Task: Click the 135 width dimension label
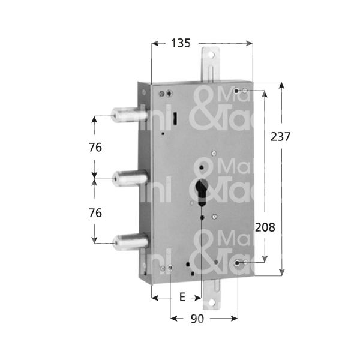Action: [181, 43]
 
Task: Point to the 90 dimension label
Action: [197, 319]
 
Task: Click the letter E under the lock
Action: [182, 297]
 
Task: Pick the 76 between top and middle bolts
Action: [95, 148]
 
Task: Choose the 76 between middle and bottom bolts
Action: [95, 213]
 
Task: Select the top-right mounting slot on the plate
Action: [241, 91]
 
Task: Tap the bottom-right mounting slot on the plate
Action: [241, 262]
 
